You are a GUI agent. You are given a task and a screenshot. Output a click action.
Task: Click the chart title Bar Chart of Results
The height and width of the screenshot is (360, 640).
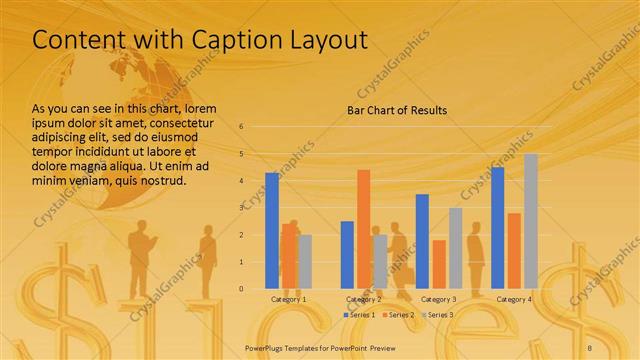click(397, 110)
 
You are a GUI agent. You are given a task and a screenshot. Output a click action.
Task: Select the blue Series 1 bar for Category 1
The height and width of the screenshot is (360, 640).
click(272, 230)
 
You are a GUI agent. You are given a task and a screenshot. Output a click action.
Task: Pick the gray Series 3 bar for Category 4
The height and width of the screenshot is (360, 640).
click(530, 220)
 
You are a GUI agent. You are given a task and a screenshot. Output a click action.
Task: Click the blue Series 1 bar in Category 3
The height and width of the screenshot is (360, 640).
click(422, 240)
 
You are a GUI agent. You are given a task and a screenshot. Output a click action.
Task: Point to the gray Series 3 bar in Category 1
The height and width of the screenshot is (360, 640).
click(305, 261)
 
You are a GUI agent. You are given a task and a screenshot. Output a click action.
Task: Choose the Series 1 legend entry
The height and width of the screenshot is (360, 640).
click(360, 315)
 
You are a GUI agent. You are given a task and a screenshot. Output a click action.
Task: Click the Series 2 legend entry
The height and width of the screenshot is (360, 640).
click(399, 315)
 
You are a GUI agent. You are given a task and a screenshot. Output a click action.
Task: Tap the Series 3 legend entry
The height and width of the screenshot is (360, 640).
click(438, 315)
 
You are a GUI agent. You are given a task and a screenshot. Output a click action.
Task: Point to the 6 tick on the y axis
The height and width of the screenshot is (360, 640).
click(241, 127)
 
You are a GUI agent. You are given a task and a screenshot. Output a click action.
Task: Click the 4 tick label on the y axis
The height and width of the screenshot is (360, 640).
click(241, 181)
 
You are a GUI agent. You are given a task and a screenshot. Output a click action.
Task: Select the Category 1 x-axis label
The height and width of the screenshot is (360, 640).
click(289, 299)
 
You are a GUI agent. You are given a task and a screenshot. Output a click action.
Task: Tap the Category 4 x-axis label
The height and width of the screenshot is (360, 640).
click(514, 299)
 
